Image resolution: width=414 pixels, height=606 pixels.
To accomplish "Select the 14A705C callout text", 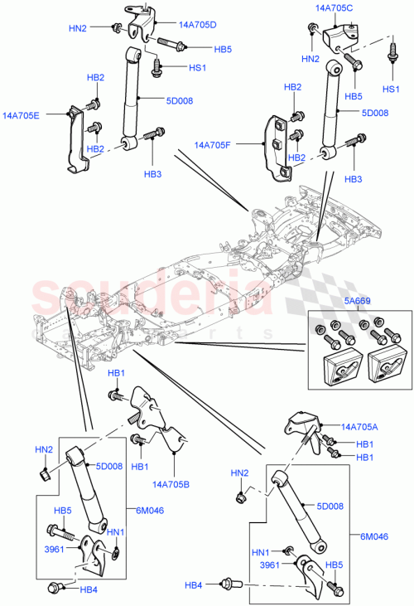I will click(334, 7).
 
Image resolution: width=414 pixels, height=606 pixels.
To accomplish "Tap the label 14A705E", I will click(22, 116).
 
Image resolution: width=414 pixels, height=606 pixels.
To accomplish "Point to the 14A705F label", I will click(214, 145).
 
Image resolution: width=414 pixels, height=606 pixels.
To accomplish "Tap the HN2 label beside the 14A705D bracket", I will click(78, 28).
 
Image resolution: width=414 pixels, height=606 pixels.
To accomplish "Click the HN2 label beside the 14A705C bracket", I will click(310, 59).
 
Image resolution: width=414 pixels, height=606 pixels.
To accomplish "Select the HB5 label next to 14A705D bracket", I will click(222, 49).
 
